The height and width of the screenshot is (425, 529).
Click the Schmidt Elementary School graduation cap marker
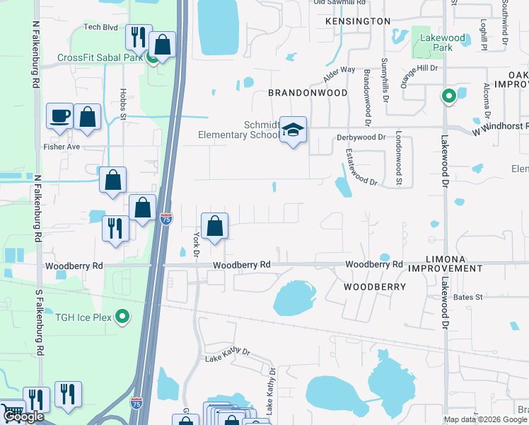coord(293,130)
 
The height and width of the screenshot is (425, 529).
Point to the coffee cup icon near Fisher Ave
coord(60,115)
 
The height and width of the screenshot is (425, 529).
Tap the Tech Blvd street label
coord(100,27)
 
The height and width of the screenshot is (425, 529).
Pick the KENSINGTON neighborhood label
coord(358,21)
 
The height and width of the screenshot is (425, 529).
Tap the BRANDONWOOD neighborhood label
coord(308,93)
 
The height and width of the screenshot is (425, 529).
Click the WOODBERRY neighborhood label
coord(375,287)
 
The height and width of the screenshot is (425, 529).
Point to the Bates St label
coord(467,297)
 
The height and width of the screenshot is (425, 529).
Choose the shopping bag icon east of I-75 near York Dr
coord(215,227)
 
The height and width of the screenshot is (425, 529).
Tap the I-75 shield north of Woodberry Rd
coord(165,219)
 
